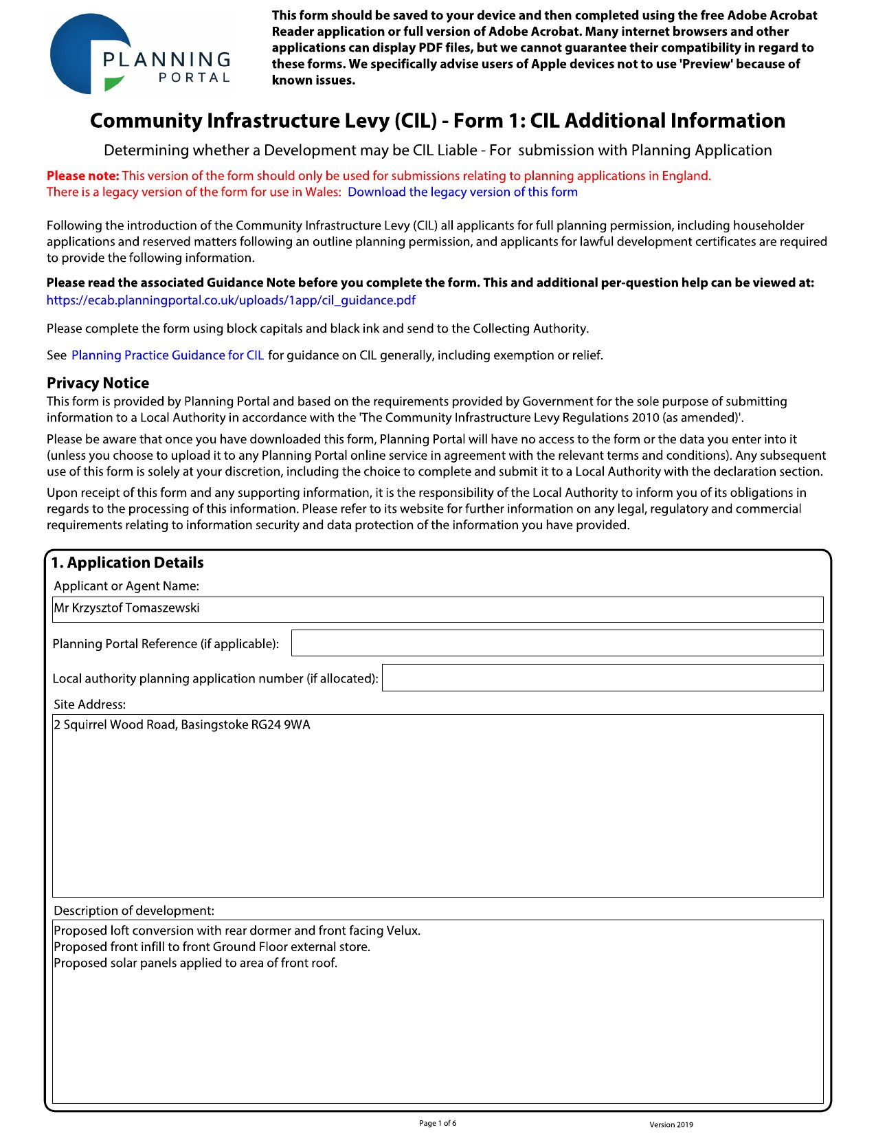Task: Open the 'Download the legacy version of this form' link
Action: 462,192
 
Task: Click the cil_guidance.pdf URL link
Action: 231,300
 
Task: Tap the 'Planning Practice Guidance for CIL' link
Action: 168,355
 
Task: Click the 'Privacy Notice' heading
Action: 98,383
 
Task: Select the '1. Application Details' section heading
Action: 128,563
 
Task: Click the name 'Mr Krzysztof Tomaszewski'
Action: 127,608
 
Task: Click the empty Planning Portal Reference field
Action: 557,643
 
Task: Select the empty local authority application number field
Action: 602,678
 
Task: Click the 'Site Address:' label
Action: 90,704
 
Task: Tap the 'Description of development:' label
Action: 134,911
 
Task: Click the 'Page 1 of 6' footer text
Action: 438,1124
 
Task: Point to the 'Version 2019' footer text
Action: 671,1125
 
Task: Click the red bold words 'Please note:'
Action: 82,176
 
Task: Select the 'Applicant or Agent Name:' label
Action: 126,586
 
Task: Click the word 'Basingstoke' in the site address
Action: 214,725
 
